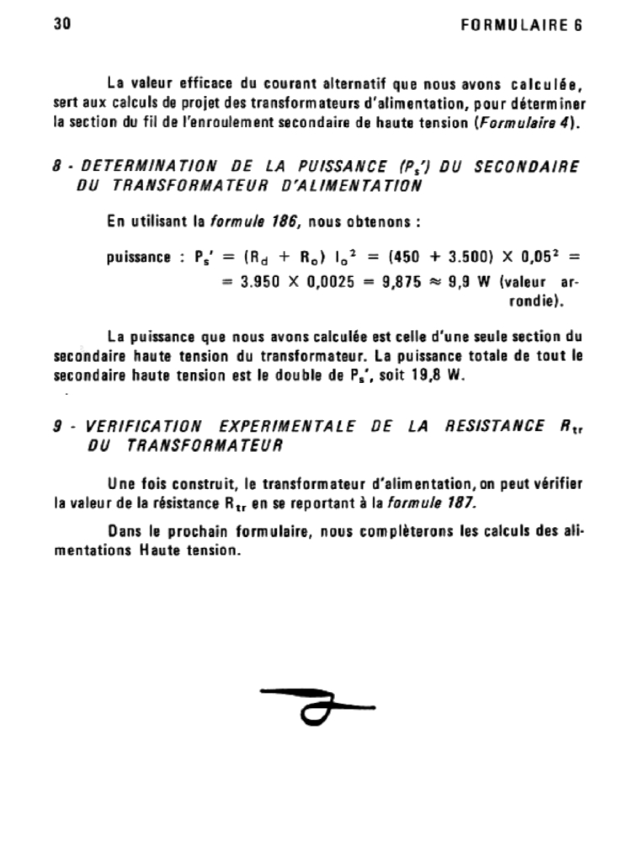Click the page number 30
point(61,24)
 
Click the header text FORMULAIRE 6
point(522,25)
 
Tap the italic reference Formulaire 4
point(525,123)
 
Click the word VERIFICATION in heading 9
point(142,427)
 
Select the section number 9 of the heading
point(57,427)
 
